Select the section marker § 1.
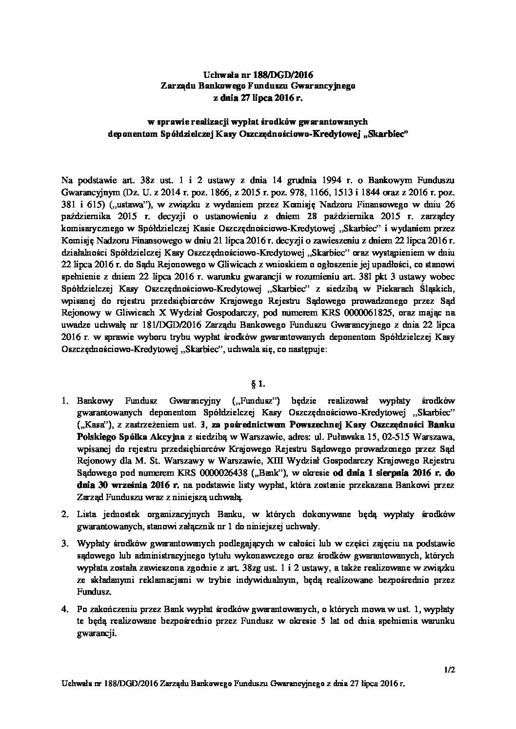(258, 384)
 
